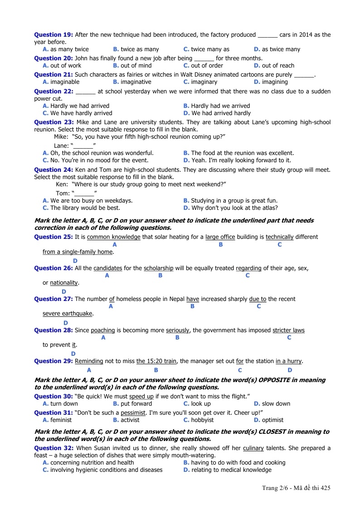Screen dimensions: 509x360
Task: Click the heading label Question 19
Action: click(x=54, y=35)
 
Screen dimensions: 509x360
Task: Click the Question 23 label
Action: click(x=54, y=122)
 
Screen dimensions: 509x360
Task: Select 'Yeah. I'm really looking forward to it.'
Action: click(x=241, y=160)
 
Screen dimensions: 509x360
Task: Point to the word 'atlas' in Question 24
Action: click(x=270, y=208)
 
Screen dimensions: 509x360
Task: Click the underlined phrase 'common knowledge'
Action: click(x=113, y=237)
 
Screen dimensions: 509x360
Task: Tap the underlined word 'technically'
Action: click(x=280, y=237)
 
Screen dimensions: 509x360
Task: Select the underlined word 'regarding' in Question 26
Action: click(x=248, y=268)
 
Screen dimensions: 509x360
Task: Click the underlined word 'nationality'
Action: click(x=64, y=283)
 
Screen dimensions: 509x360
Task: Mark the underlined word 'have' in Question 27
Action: click(x=193, y=299)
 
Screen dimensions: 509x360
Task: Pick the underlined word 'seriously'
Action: click(x=178, y=330)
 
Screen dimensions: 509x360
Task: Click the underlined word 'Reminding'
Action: click(x=89, y=361)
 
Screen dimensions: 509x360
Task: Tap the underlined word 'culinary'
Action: click(x=253, y=448)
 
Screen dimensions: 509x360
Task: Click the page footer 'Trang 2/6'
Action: click(x=274, y=488)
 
